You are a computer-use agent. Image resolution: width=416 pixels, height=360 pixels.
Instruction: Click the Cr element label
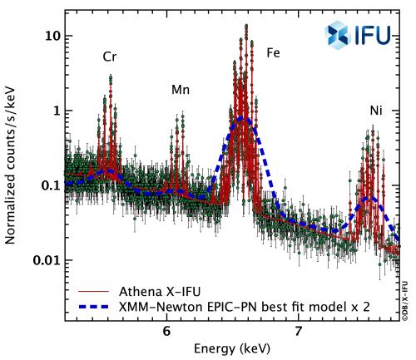click(109, 57)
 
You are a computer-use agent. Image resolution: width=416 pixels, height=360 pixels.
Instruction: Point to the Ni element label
click(377, 111)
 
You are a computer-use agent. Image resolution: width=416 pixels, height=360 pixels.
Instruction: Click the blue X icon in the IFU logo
click(334, 35)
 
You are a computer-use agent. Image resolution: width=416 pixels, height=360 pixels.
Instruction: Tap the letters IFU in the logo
click(369, 35)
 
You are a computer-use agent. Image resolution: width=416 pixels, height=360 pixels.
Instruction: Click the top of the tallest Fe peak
click(246, 26)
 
